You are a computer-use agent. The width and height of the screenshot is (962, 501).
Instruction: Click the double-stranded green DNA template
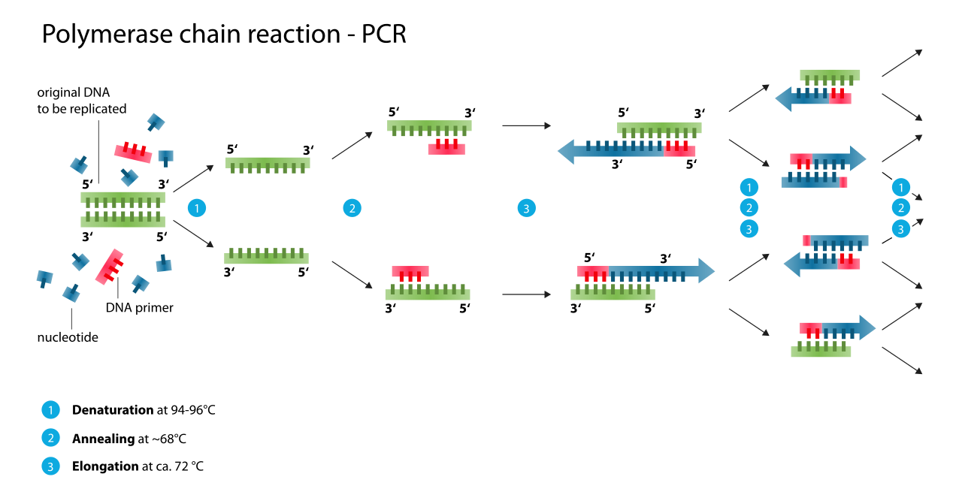pyautogui.click(x=123, y=209)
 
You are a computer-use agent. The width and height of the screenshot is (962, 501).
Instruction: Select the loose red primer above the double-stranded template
pyautogui.click(x=133, y=152)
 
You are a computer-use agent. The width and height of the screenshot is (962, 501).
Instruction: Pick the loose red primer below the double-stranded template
pyautogui.click(x=110, y=267)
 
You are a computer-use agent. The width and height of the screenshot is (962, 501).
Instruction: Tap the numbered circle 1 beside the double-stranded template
pyautogui.click(x=197, y=208)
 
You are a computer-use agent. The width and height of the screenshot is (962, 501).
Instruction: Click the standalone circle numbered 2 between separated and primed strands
pyautogui.click(x=352, y=208)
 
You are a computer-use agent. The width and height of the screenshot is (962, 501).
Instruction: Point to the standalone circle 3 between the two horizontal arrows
pyautogui.click(x=526, y=208)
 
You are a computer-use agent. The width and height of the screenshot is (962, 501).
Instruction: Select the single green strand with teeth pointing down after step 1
pyautogui.click(x=267, y=163)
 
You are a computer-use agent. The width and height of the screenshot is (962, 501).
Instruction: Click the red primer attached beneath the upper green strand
pyautogui.click(x=446, y=148)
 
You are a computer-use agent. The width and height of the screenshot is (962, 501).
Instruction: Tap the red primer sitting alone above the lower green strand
pyautogui.click(x=410, y=272)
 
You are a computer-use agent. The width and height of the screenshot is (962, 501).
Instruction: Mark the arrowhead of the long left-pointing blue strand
pyautogui.click(x=566, y=151)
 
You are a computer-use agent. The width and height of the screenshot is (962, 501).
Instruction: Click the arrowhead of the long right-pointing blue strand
pyautogui.click(x=706, y=270)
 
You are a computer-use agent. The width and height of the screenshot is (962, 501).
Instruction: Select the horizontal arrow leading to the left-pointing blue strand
pyautogui.click(x=526, y=125)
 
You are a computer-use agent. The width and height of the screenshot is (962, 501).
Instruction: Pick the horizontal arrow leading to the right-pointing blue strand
pyautogui.click(x=526, y=294)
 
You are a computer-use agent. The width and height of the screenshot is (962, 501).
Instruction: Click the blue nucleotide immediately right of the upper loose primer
pyautogui.click(x=165, y=156)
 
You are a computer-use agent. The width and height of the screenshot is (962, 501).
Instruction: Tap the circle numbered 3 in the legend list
pyautogui.click(x=50, y=466)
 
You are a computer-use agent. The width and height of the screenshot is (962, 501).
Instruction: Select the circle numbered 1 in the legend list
pyautogui.click(x=50, y=410)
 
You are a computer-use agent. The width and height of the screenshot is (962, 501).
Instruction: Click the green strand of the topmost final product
pyautogui.click(x=830, y=75)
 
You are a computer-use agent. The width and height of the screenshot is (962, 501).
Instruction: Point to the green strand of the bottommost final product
pyautogui.click(x=821, y=351)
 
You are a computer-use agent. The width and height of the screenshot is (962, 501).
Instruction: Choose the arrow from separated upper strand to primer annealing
pyautogui.click(x=352, y=146)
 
